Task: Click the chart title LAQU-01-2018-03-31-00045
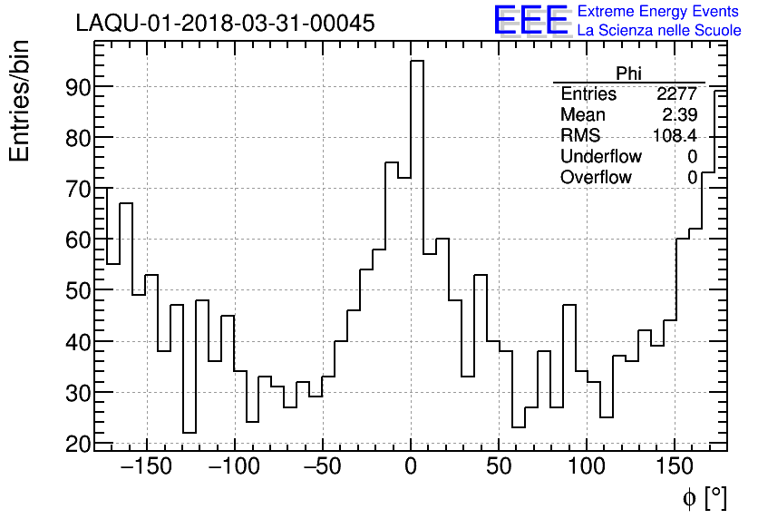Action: click(225, 24)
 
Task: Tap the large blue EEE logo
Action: click(530, 21)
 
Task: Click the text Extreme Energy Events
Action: click(658, 12)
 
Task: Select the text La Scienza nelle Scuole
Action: click(658, 31)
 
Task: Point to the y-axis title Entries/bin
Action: click(19, 101)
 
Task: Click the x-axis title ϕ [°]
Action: click(705, 497)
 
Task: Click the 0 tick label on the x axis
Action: click(411, 468)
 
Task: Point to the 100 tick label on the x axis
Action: click(587, 468)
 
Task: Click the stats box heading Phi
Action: click(628, 74)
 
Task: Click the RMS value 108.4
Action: click(675, 136)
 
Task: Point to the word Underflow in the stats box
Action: click(600, 157)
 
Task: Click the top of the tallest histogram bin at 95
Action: click(417, 62)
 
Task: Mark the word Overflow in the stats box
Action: click(596, 178)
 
